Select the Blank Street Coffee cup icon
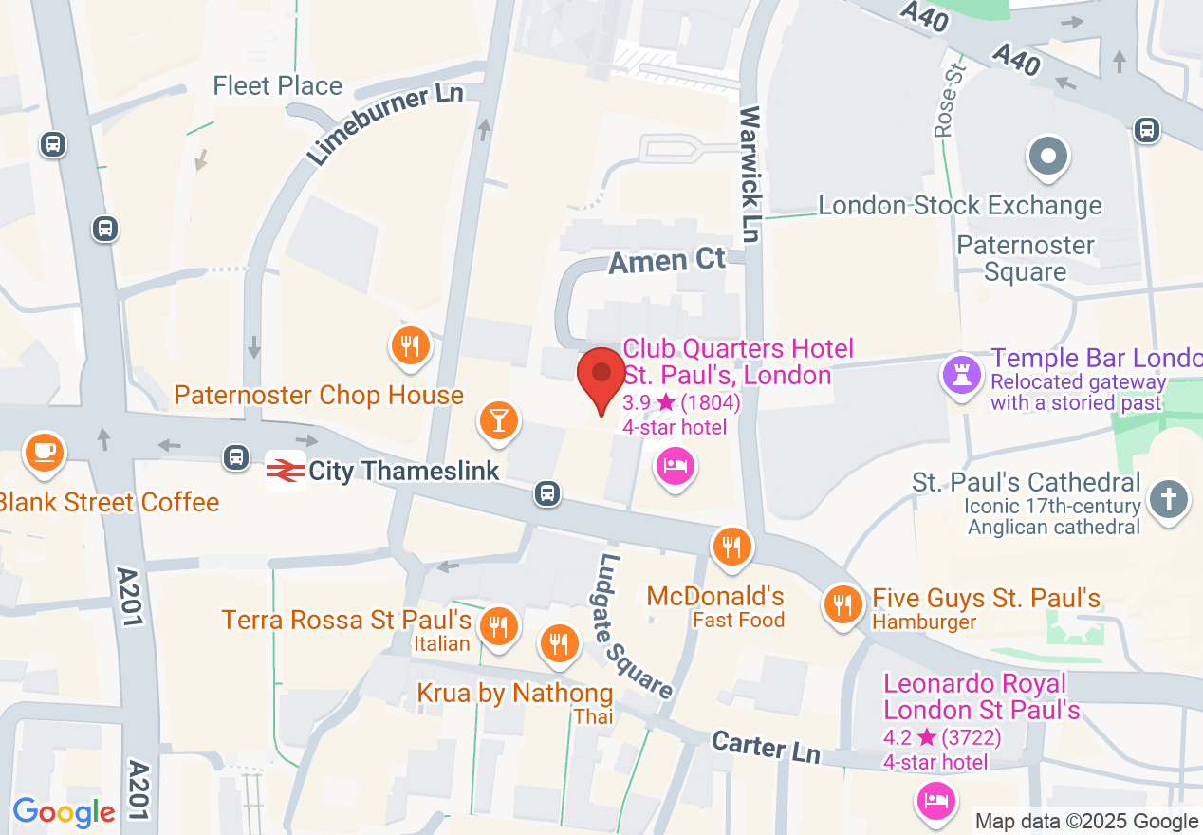pyautogui.click(x=44, y=451)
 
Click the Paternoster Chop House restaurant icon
pyautogui.click(x=410, y=346)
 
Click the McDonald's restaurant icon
pyautogui.click(x=731, y=547)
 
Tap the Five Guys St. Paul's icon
pyautogui.click(x=842, y=603)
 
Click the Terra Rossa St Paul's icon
pyautogui.click(x=497, y=626)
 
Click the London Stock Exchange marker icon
pyautogui.click(x=1048, y=157)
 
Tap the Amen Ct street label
pyautogui.click(x=667, y=261)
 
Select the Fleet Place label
pyautogui.click(x=277, y=85)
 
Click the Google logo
pyautogui.click(x=64, y=812)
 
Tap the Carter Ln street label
pyautogui.click(x=766, y=747)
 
